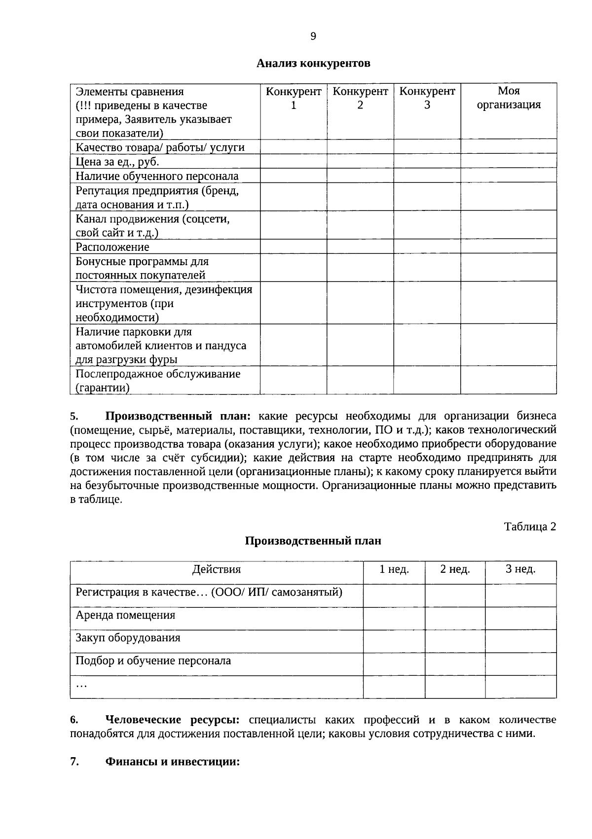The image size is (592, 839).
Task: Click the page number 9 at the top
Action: tap(313, 36)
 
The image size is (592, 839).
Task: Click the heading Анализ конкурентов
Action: tap(313, 64)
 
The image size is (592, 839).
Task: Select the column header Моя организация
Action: tap(509, 98)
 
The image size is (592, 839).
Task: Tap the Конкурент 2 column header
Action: tap(360, 98)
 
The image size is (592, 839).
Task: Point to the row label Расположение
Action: tap(112, 247)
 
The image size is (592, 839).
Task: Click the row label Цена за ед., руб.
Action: tap(117, 162)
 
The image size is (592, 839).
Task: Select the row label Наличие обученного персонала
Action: tap(156, 176)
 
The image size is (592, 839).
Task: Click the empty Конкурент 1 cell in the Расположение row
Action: tap(293, 246)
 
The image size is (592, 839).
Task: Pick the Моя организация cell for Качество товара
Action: tap(509, 147)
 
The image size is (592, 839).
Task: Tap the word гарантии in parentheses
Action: tap(102, 388)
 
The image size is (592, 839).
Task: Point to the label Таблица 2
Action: tap(530, 526)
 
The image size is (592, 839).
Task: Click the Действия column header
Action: tap(216, 570)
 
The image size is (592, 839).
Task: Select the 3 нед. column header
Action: tap(520, 569)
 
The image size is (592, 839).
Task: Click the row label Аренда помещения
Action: tap(125, 615)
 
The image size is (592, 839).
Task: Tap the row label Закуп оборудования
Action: tap(128, 638)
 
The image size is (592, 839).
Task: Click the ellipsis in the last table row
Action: tap(81, 685)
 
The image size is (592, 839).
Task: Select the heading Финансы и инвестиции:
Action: tap(172, 761)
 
